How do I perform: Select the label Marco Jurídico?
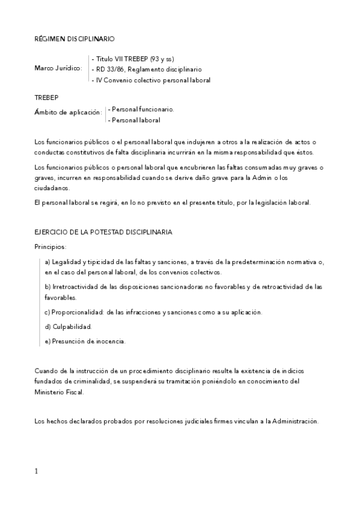point(58,69)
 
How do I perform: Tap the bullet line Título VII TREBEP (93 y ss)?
point(133,59)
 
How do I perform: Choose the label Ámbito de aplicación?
point(69,112)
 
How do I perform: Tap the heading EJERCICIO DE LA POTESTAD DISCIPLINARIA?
point(103,232)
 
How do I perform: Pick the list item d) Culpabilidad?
point(67,327)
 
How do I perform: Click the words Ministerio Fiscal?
point(59,392)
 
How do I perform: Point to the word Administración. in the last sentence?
point(296,421)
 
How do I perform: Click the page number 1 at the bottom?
point(36,471)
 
